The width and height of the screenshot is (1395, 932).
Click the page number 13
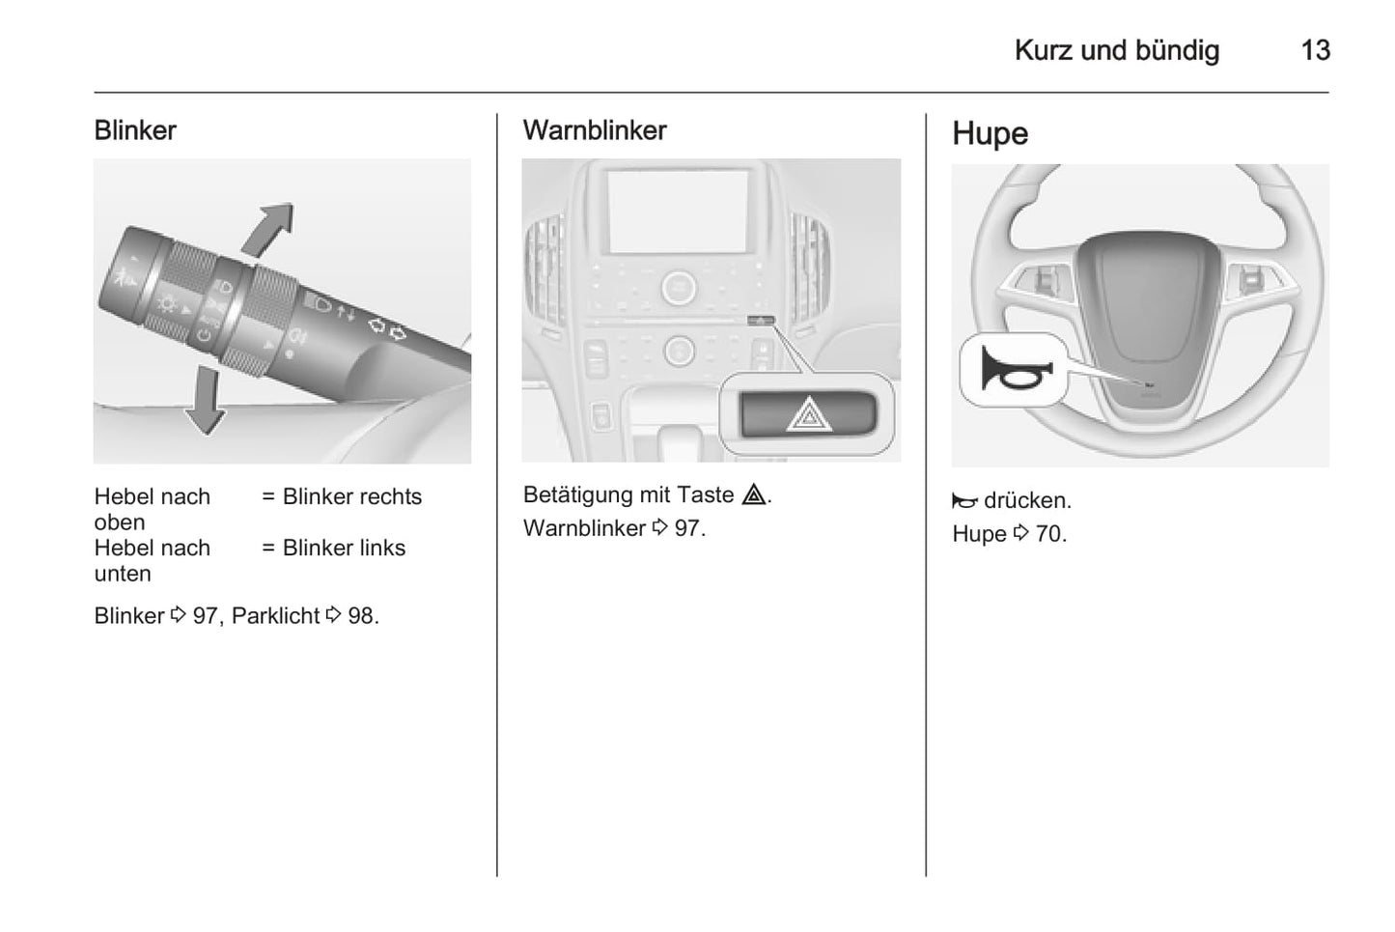pyautogui.click(x=1314, y=50)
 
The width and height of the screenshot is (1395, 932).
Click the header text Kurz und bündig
pyautogui.click(x=1116, y=50)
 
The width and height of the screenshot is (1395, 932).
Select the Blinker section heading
pyautogui.click(x=135, y=130)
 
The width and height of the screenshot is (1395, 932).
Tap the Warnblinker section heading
pyautogui.click(x=594, y=130)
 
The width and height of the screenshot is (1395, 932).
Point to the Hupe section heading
pyautogui.click(x=990, y=133)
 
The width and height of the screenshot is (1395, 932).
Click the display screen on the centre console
pyautogui.click(x=678, y=212)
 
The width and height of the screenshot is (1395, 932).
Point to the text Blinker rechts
pyautogui.click(x=351, y=496)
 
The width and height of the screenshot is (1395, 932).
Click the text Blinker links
pyautogui.click(x=344, y=548)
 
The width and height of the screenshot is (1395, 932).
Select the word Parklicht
pyautogui.click(x=275, y=616)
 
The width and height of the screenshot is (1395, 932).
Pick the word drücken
pyautogui.click(x=1027, y=500)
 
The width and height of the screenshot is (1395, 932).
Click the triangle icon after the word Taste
pyautogui.click(x=754, y=495)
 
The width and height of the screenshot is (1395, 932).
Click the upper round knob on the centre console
pyautogui.click(x=679, y=287)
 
